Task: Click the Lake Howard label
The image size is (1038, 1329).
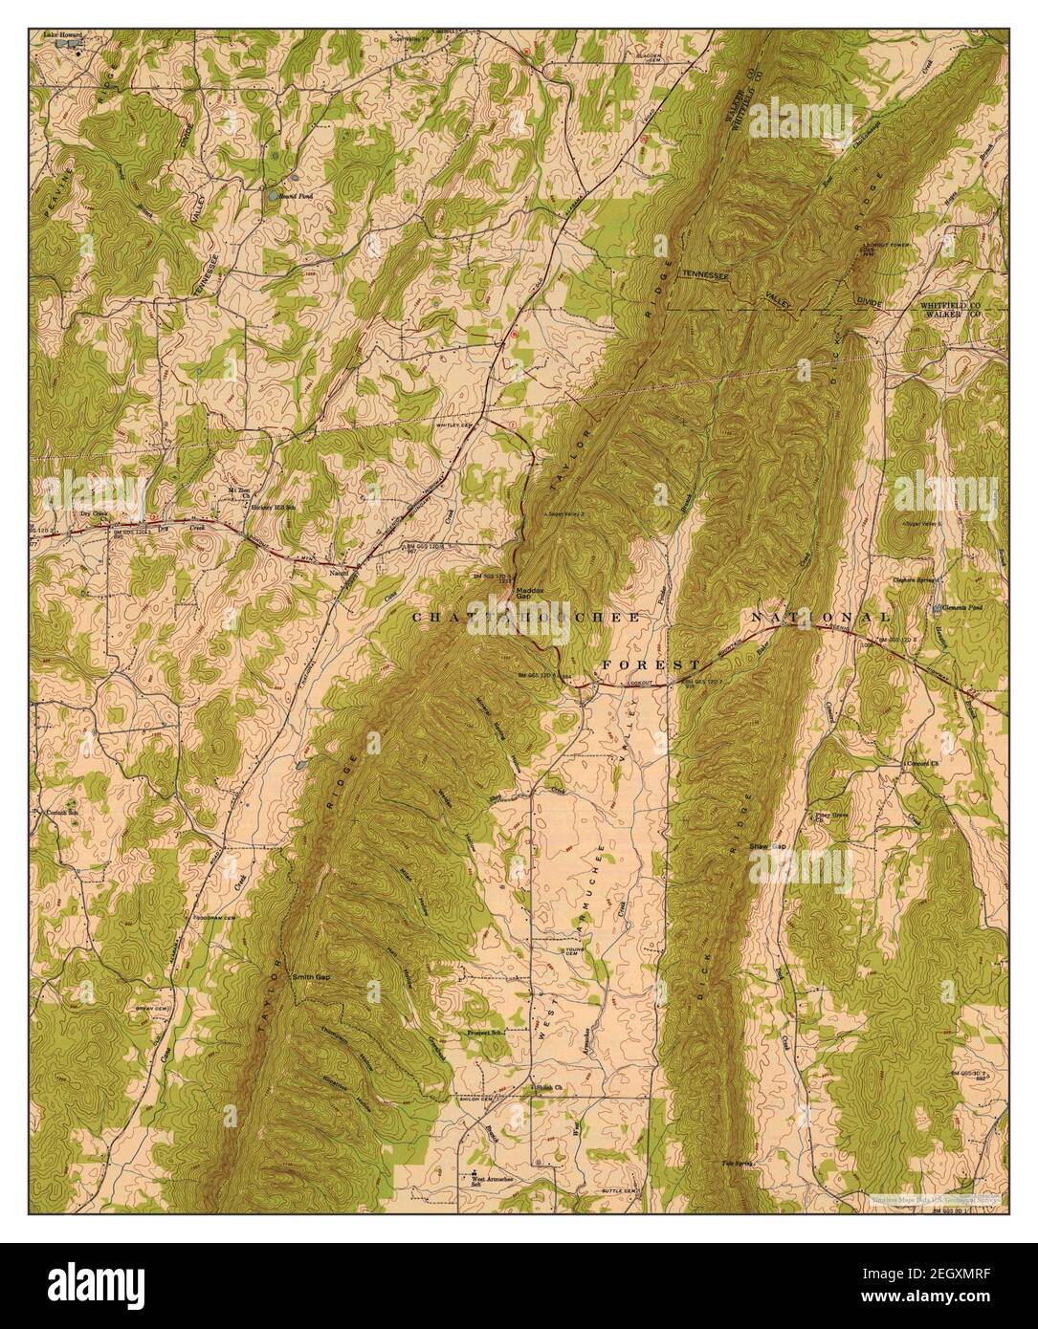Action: click(x=62, y=34)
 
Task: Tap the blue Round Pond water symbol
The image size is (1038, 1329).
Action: click(x=274, y=195)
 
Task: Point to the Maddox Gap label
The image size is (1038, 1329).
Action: click(x=530, y=594)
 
